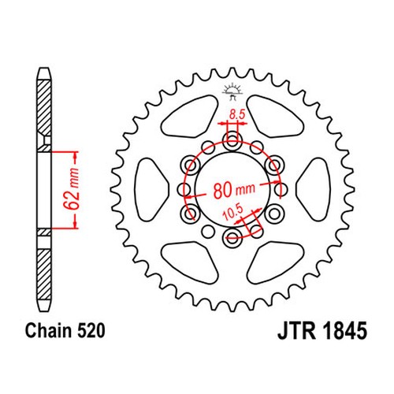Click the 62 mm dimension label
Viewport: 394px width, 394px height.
pos(72,189)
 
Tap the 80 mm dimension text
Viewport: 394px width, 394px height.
pos(234,190)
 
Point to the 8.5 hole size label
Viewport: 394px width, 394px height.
pos(237,114)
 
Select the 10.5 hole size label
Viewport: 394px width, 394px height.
pos(232,213)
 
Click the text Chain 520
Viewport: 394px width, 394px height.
pos(65,330)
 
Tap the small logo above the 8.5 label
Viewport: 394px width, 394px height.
pos(232,91)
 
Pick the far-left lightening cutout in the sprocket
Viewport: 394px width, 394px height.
pos(151,189)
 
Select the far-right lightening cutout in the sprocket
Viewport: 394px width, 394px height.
pos(314,189)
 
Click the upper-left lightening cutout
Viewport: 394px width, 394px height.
pos(190,117)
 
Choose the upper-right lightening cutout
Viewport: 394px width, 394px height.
pos(276,117)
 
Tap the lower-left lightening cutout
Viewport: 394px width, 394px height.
pos(190,262)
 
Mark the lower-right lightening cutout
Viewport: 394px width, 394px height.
pos(276,262)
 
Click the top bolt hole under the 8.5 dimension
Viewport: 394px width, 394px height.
pos(232,140)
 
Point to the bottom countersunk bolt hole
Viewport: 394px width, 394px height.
pos(232,239)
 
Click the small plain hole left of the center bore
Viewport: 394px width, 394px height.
pos(184,189)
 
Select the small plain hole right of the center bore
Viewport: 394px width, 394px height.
pos(281,189)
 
